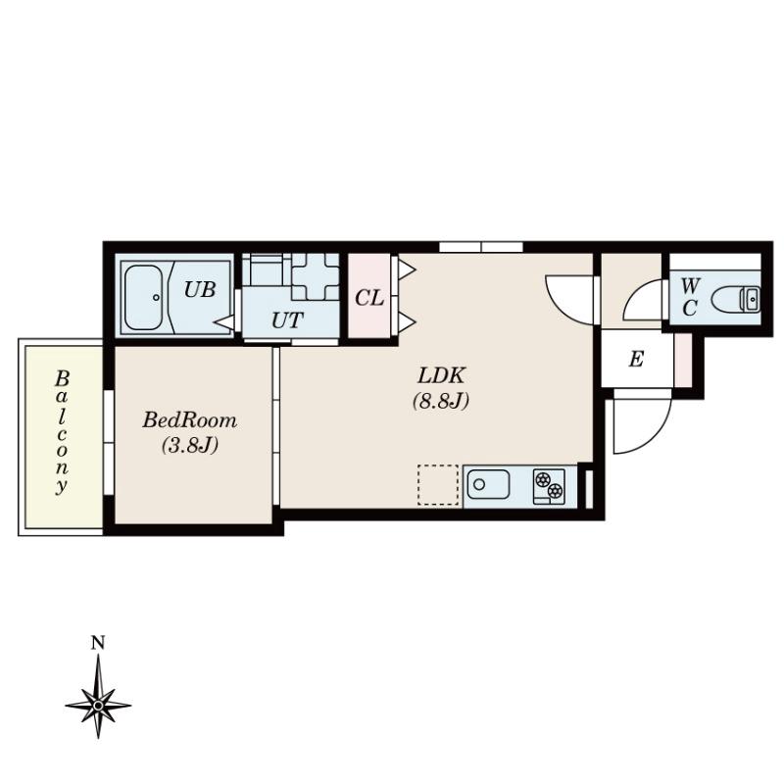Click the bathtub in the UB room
[x=143, y=297]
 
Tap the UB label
[x=200, y=289]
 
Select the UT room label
[x=287, y=320]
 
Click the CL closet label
[x=369, y=299]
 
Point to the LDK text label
[x=442, y=375]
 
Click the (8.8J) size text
[x=440, y=401]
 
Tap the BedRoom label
[x=189, y=420]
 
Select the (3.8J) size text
[x=189, y=445]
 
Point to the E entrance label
[x=636, y=359]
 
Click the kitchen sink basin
[x=488, y=484]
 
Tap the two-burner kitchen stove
[x=549, y=486]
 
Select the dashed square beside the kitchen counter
[x=438, y=484]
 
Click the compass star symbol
[x=98, y=705]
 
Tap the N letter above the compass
[x=98, y=643]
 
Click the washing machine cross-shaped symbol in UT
[x=316, y=277]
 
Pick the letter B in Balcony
[x=62, y=379]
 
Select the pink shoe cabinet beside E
[x=682, y=360]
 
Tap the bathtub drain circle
[x=156, y=297]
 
